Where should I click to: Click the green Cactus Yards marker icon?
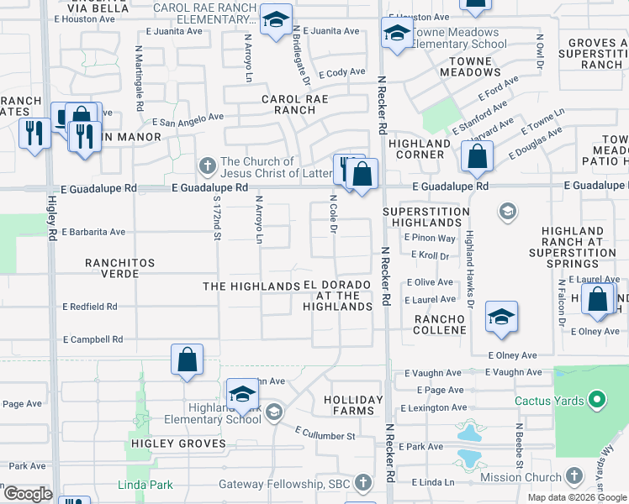click(x=597, y=401)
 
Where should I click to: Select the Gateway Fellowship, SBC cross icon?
click(x=362, y=483)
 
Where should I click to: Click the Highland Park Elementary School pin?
click(x=242, y=395)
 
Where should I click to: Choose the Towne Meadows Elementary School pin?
click(x=396, y=34)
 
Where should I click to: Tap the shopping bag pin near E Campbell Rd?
click(x=188, y=360)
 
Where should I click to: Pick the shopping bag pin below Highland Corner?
click(x=477, y=157)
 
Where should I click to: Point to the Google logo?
click(x=27, y=494)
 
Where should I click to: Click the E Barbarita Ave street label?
click(x=93, y=232)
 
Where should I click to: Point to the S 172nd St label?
click(x=217, y=220)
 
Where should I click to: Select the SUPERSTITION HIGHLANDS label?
click(x=425, y=217)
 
